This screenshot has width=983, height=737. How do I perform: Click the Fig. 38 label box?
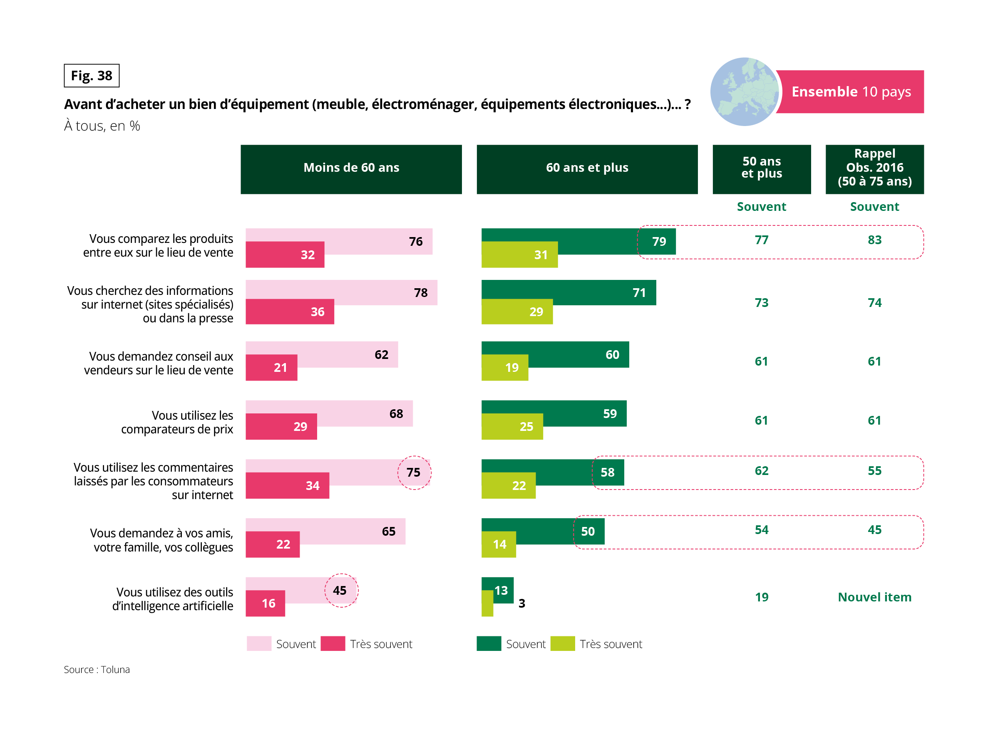tap(92, 76)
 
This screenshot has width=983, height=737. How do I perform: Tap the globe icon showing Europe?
tap(744, 92)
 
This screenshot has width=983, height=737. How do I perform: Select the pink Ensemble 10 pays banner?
tap(851, 92)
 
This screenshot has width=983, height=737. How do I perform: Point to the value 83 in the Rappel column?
tap(874, 240)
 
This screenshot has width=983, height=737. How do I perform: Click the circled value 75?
tap(413, 472)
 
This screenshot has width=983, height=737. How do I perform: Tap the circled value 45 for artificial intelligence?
tap(340, 591)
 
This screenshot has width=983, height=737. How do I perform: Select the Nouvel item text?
tap(874, 597)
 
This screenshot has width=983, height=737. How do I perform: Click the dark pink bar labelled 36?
tap(290, 312)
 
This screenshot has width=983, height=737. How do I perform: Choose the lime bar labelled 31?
tap(519, 255)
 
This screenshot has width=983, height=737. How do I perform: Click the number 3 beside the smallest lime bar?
tap(522, 603)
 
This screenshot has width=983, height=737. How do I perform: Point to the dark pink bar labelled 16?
tap(265, 603)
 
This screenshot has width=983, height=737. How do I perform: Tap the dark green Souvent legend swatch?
tap(489, 644)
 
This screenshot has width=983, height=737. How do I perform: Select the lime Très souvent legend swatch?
tap(562, 644)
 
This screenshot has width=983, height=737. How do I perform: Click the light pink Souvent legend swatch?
tap(259, 644)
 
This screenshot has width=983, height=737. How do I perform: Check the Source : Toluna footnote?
tap(97, 670)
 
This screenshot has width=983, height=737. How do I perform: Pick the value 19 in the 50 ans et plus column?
tap(761, 597)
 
